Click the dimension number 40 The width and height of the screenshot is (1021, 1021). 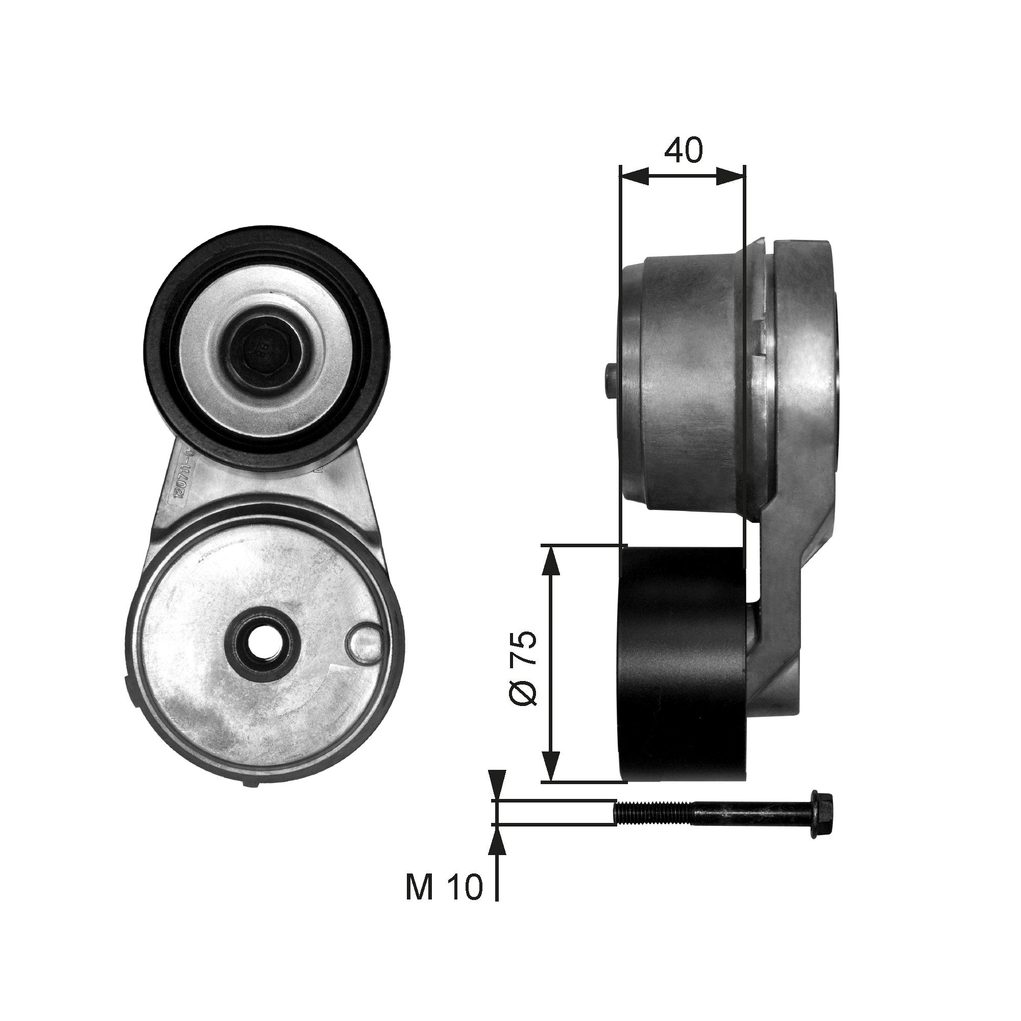(684, 151)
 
